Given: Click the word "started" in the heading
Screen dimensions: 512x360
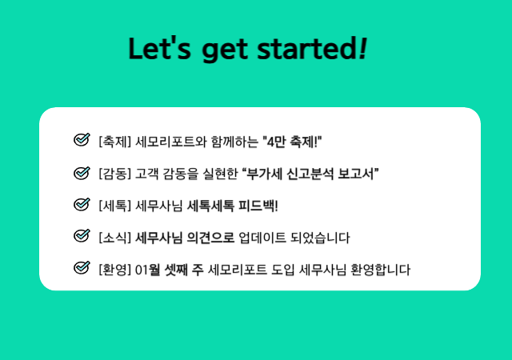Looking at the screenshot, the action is (x=307, y=48).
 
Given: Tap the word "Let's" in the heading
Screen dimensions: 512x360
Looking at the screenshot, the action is (x=160, y=48).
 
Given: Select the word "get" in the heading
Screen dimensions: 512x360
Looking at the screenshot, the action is (x=224, y=50).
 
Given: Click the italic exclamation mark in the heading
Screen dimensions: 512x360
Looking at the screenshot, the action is (x=362, y=48).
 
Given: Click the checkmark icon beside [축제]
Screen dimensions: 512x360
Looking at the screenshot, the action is (x=82, y=140).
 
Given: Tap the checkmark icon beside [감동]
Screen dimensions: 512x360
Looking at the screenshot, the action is (x=82, y=172).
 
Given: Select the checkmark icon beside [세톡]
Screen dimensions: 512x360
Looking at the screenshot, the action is (x=82, y=204).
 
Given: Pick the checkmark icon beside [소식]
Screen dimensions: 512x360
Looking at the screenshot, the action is (x=82, y=236).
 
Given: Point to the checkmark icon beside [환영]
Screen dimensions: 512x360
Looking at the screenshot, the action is (x=82, y=268).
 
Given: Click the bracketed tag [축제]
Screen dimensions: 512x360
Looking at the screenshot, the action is (x=115, y=142).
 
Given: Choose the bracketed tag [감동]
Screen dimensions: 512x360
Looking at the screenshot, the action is (x=115, y=174).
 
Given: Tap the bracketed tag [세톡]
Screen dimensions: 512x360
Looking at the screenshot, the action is (x=115, y=206).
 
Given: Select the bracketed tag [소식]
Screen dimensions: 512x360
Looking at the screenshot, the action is (x=115, y=238).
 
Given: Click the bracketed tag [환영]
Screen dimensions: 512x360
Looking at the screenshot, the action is (x=115, y=270).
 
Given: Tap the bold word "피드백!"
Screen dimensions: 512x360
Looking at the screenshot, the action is (x=258, y=206).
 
